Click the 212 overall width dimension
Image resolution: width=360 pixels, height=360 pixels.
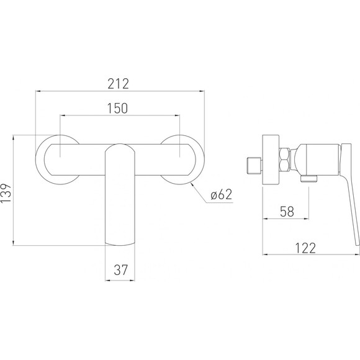[119, 84]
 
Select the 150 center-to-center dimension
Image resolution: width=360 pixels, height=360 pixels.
[117, 109]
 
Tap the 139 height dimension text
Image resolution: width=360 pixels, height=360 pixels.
[6, 193]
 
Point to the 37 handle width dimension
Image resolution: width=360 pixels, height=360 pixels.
[120, 270]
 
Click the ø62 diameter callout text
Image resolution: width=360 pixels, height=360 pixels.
[222, 195]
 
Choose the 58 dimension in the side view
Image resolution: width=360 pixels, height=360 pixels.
[287, 212]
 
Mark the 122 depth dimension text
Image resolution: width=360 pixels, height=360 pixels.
[305, 248]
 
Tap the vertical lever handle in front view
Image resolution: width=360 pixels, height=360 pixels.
[120, 195]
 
